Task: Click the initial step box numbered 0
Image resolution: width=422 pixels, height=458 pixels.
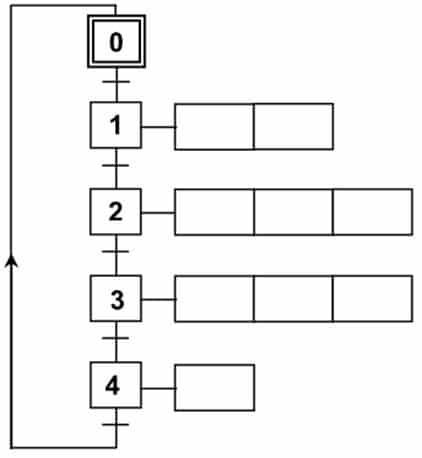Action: (x=116, y=41)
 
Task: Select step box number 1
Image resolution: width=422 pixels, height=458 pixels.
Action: (x=116, y=125)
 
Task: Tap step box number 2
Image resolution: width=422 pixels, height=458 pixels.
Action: (x=116, y=212)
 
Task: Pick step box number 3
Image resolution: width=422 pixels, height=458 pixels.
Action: (x=116, y=298)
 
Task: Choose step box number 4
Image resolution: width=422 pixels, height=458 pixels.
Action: (x=116, y=385)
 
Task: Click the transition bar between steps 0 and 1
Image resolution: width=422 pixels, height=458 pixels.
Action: (x=116, y=82)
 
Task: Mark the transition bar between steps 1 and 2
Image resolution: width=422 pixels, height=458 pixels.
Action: (x=116, y=165)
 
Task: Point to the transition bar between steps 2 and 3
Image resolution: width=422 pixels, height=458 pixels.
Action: (x=116, y=251)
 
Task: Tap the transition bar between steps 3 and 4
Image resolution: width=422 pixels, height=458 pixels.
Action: (x=116, y=338)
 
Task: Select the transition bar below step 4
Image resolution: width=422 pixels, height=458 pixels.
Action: (x=116, y=425)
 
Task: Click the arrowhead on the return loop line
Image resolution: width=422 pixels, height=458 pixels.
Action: (x=12, y=261)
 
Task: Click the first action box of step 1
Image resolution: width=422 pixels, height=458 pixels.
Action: (x=214, y=127)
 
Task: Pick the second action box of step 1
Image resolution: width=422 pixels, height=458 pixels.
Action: (x=293, y=127)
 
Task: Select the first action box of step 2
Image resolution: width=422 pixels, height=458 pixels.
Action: (x=214, y=212)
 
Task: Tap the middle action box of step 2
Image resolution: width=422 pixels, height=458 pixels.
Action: (x=293, y=212)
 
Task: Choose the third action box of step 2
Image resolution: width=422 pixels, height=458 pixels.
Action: (x=373, y=212)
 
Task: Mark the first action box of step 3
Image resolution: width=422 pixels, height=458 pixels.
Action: (x=214, y=299)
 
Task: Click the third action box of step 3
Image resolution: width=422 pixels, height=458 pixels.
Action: (x=373, y=299)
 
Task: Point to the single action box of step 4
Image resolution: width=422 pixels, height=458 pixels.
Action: (x=215, y=388)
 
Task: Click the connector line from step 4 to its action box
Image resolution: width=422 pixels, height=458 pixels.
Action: (x=158, y=388)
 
